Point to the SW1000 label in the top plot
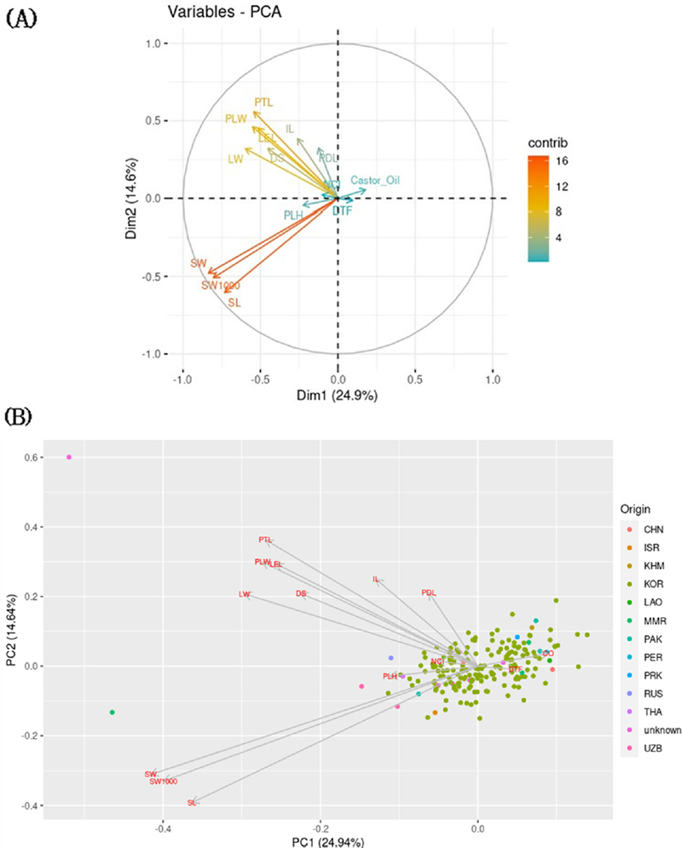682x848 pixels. pos(220,286)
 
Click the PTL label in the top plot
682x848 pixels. pos(263,102)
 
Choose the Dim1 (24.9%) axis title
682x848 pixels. pos(338,395)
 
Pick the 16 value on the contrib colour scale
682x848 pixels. pos(564,160)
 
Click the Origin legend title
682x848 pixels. pos(636,510)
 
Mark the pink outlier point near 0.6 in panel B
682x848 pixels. pos(69,457)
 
